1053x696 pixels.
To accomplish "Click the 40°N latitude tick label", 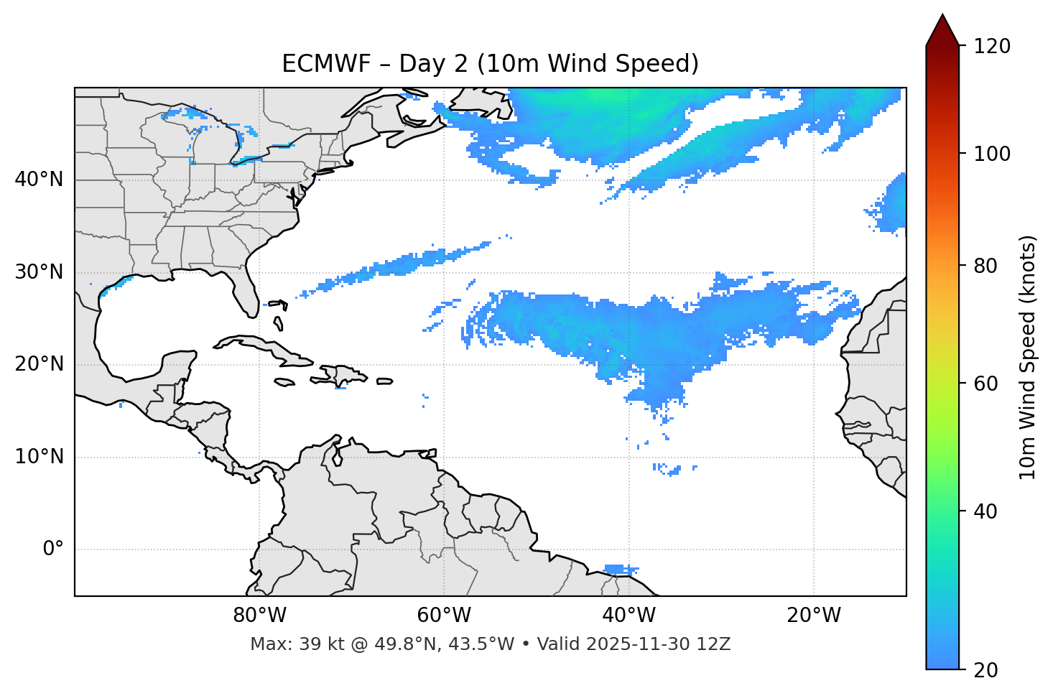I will pyautogui.click(x=39, y=180).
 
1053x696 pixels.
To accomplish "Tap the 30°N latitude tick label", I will pyautogui.click(x=39, y=272).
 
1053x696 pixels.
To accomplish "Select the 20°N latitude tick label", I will pyautogui.click(x=39, y=364).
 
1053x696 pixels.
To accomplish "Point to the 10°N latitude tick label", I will pyautogui.click(x=39, y=457).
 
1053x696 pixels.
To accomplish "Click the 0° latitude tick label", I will pyautogui.click(x=53, y=549).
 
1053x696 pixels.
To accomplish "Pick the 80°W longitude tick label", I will pyautogui.click(x=259, y=616).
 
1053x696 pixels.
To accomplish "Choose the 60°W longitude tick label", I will pyautogui.click(x=444, y=616).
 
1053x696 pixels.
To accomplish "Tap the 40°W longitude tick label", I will pyautogui.click(x=628, y=616).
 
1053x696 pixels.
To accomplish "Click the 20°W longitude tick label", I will pyautogui.click(x=813, y=616).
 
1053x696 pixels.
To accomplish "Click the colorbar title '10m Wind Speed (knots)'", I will pyautogui.click(x=1029, y=357).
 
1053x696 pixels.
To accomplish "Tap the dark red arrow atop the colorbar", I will pyautogui.click(x=942, y=31).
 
